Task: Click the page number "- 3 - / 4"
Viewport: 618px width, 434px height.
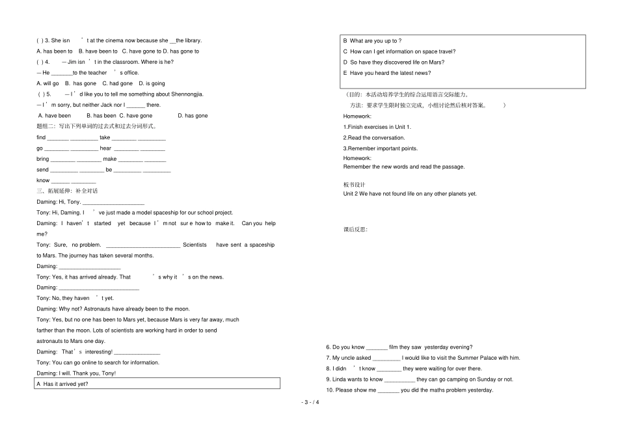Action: pos(310,401)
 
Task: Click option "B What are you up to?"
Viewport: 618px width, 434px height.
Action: pos(376,41)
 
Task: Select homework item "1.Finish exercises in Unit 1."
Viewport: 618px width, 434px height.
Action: pos(377,127)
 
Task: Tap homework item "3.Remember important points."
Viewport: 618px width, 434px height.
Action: pos(381,148)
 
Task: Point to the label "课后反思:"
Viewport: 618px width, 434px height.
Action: pos(355,230)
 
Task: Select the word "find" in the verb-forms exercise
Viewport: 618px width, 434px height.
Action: pos(41,138)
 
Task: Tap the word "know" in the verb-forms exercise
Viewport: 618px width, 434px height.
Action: pos(43,180)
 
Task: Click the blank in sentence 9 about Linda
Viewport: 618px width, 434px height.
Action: pos(399,379)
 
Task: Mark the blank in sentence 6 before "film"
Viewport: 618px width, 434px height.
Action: pos(377,347)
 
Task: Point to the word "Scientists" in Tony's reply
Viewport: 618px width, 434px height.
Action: pos(195,245)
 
